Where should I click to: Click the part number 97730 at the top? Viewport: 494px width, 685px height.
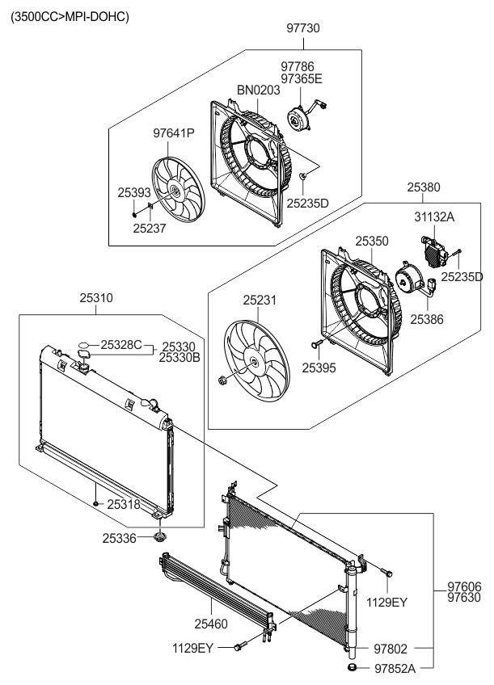coord(303,27)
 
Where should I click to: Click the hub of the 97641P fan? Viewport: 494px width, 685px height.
coord(174,191)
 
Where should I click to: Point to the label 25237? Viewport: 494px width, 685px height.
coord(150,227)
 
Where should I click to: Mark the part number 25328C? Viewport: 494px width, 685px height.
coord(121,345)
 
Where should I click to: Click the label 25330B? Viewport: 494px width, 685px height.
coord(179,356)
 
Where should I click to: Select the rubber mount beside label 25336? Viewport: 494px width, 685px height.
coord(159,536)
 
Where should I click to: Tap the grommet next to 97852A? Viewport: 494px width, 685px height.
coord(352,667)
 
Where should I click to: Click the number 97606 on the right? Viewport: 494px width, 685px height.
coord(465,586)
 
